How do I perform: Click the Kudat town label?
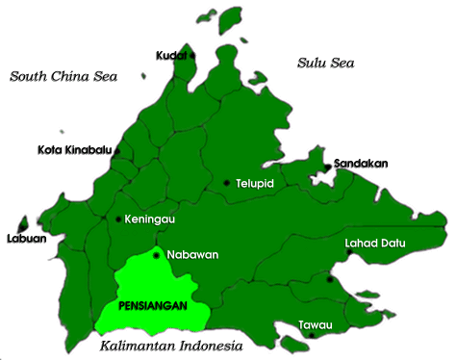170,56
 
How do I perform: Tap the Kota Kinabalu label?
75,149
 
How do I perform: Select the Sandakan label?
361,164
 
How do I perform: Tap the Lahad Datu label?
374,244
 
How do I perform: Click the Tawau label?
317,324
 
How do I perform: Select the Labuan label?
26,239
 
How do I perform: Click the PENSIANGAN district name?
151,305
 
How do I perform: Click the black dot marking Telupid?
226,182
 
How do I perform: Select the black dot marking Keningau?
118,219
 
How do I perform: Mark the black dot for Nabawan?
156,256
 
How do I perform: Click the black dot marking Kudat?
192,55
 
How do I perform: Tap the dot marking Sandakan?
328,167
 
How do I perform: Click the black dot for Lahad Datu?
330,280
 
